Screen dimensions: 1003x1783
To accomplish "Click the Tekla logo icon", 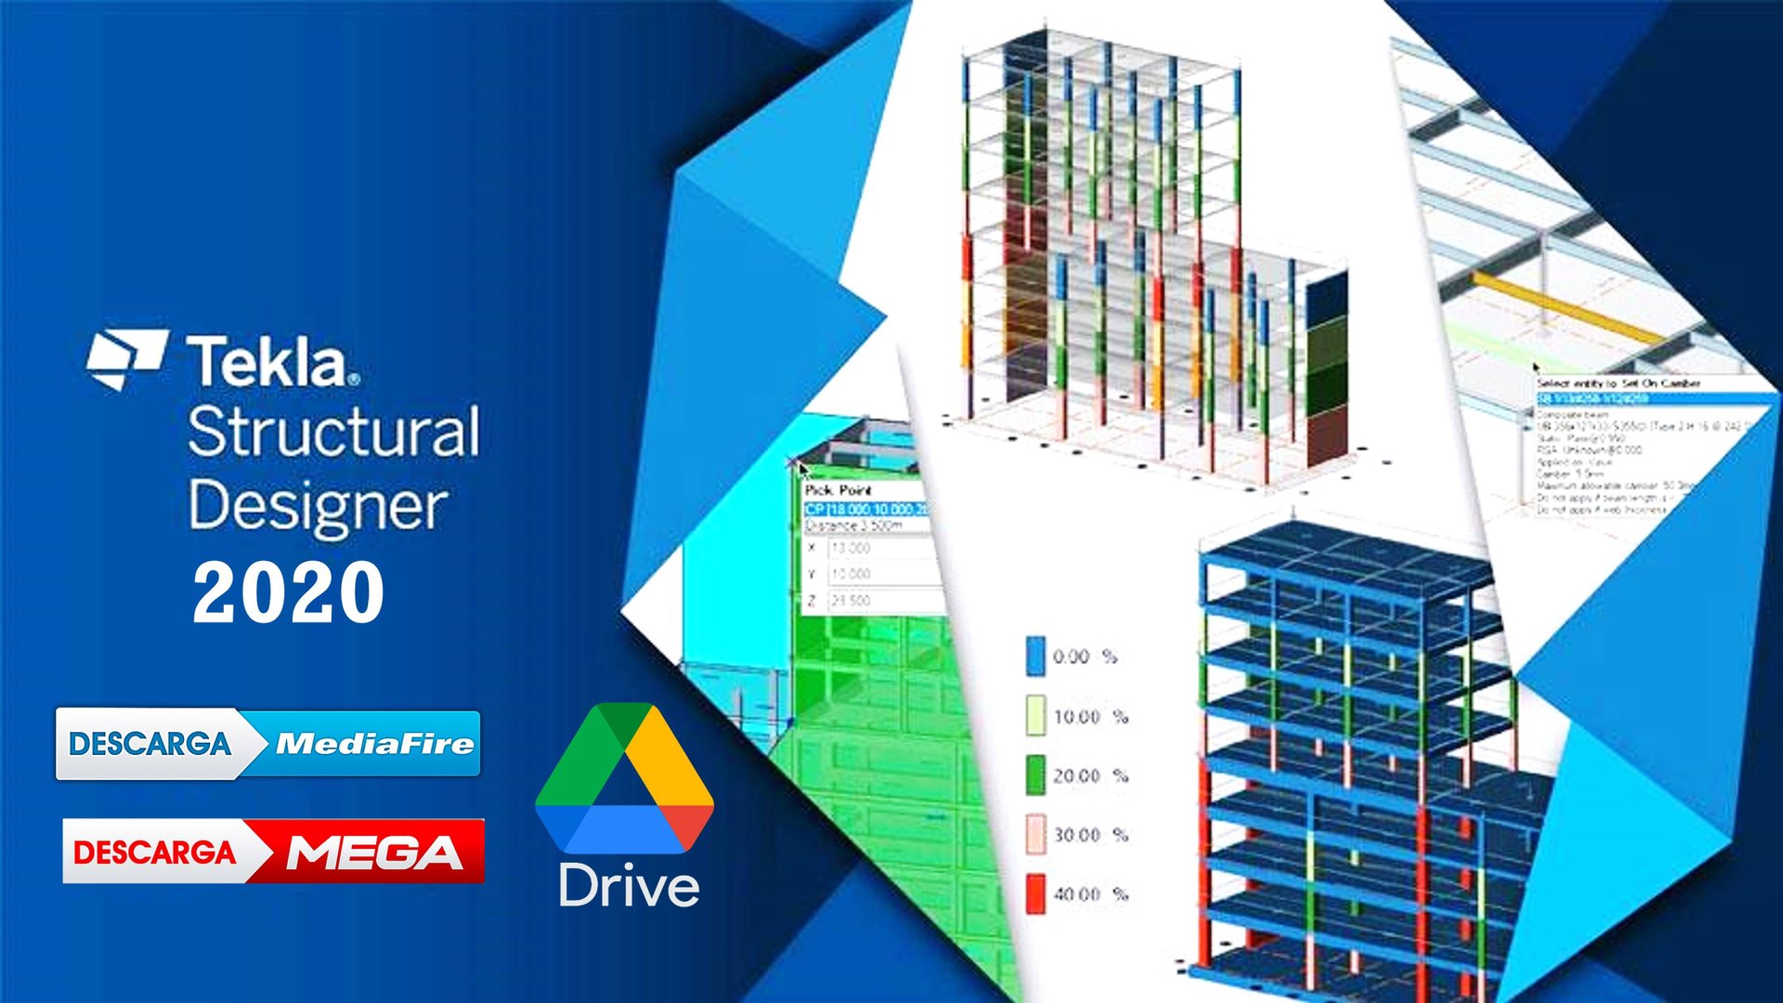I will [127, 358].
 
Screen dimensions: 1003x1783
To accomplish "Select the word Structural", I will [333, 432].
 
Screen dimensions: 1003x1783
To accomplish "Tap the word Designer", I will [318, 506].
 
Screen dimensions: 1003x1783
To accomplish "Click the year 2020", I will [288, 593].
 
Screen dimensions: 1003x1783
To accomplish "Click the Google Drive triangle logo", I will [624, 780].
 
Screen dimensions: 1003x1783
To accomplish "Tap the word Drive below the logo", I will [629, 887].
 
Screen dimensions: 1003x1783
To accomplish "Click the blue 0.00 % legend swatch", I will [1035, 656].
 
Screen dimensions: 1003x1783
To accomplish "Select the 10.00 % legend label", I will [1089, 717].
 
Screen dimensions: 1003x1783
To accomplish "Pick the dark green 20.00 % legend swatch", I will [1035, 775].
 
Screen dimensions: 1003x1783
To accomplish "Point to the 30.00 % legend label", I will [1089, 835].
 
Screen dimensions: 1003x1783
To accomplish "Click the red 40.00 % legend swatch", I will [1035, 893].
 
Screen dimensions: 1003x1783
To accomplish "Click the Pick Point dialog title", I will [839, 489].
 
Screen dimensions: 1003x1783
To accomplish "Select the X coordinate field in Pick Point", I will [878, 549].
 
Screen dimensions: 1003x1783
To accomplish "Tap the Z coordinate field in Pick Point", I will [878, 601].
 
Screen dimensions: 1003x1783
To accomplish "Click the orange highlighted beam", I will [1569, 306].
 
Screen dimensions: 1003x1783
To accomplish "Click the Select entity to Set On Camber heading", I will [1618, 383].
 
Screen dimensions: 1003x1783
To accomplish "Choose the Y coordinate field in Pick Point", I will [878, 574].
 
